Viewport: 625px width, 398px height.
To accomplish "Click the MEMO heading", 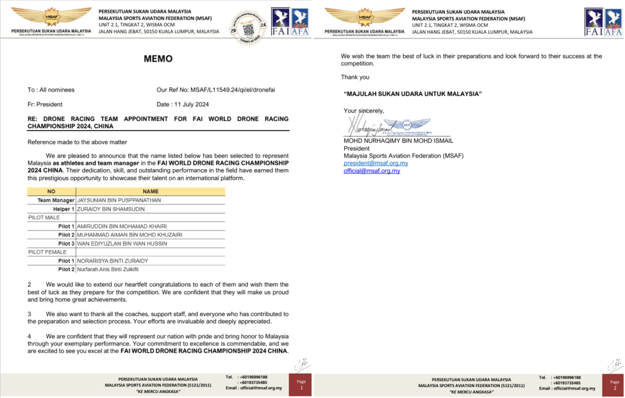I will click(158, 59).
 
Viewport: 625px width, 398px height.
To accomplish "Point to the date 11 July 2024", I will click(192, 104).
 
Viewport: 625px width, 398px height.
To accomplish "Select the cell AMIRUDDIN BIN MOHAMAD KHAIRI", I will click(121, 226).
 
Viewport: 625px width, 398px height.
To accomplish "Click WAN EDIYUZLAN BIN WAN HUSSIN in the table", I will click(121, 243).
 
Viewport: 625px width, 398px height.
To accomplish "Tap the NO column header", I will click(51, 191).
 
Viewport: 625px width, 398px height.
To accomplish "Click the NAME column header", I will click(150, 191).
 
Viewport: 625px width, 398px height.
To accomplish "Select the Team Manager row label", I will click(56, 200).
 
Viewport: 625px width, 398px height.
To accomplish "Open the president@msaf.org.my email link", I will click(376, 163).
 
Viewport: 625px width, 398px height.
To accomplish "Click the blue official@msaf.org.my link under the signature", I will click(372, 170).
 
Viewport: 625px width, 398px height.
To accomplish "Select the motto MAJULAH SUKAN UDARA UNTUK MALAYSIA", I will click(413, 93).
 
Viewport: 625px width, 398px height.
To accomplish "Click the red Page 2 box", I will click(615, 385).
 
